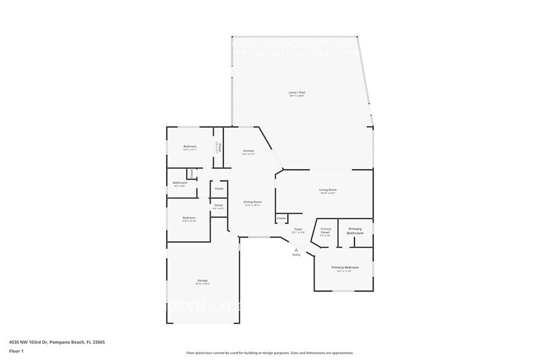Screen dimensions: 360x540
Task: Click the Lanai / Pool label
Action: [x=297, y=92]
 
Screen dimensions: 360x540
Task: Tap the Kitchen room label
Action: [x=248, y=151]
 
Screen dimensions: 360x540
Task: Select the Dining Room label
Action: [x=253, y=202]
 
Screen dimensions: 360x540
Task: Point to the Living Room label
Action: [x=328, y=190]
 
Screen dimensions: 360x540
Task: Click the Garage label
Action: [x=202, y=280]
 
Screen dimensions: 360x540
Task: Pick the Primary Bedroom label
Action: [x=345, y=268]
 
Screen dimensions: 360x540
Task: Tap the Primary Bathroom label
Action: [x=355, y=231]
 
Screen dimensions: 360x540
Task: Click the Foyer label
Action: [x=298, y=229]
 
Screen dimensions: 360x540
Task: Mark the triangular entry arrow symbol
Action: [x=296, y=250]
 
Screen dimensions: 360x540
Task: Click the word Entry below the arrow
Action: [x=296, y=255]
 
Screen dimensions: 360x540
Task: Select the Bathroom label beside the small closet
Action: [x=179, y=182]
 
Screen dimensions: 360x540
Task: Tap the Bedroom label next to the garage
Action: [x=189, y=218]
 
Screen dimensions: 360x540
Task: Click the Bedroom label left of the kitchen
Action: [x=190, y=146]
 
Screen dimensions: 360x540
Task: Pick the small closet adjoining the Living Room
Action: [x=282, y=218]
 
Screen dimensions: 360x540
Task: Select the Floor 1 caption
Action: [x=16, y=351]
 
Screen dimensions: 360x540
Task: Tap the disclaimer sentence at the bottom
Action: [x=269, y=353]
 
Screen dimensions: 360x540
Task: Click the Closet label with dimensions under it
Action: [x=219, y=205]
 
